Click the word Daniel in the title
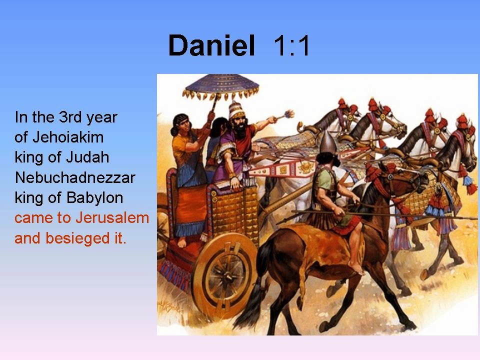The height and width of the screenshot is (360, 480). tap(211, 46)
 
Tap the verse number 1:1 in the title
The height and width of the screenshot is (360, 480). tap(292, 46)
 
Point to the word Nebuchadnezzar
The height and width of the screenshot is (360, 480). tap(75, 177)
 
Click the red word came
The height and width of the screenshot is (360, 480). tap(33, 218)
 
